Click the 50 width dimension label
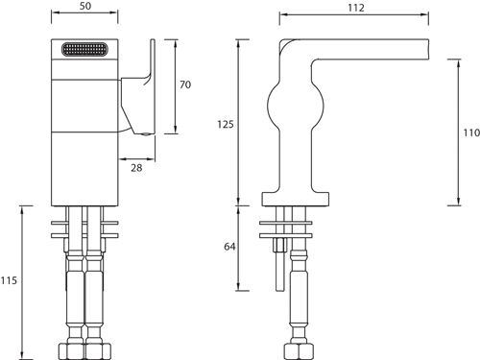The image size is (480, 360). point(85,6)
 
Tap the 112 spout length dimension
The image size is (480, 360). point(356,8)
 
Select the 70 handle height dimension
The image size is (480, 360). point(185,84)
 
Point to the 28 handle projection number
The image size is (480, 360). point(136,168)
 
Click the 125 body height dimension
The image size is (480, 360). point(226,124)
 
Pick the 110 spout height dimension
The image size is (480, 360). point(471,132)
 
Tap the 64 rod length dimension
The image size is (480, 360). point(229,247)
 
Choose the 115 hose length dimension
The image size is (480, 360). point(9,280)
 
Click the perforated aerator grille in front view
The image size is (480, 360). point(84,50)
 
